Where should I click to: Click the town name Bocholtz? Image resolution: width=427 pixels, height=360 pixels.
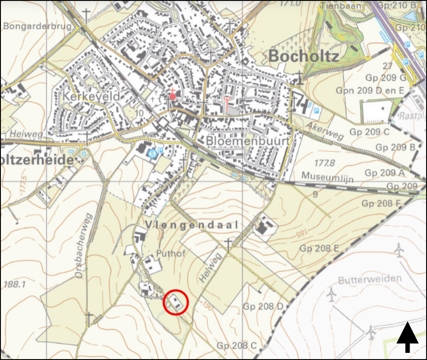pos(304,56)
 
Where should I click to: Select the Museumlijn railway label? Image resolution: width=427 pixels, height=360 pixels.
pos(327,177)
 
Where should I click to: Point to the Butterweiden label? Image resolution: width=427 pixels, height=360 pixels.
pos(370,280)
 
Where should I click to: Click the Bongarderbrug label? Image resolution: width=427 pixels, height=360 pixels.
pos(37,26)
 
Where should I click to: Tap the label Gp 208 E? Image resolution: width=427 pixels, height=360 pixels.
pos(319,248)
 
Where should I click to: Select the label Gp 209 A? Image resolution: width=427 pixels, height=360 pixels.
pos(384,173)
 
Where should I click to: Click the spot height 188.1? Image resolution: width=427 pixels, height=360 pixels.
pos(14,284)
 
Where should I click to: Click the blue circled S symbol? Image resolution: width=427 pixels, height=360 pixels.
pos(152,153)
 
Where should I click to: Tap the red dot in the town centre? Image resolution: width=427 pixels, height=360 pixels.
pos(173,96)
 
